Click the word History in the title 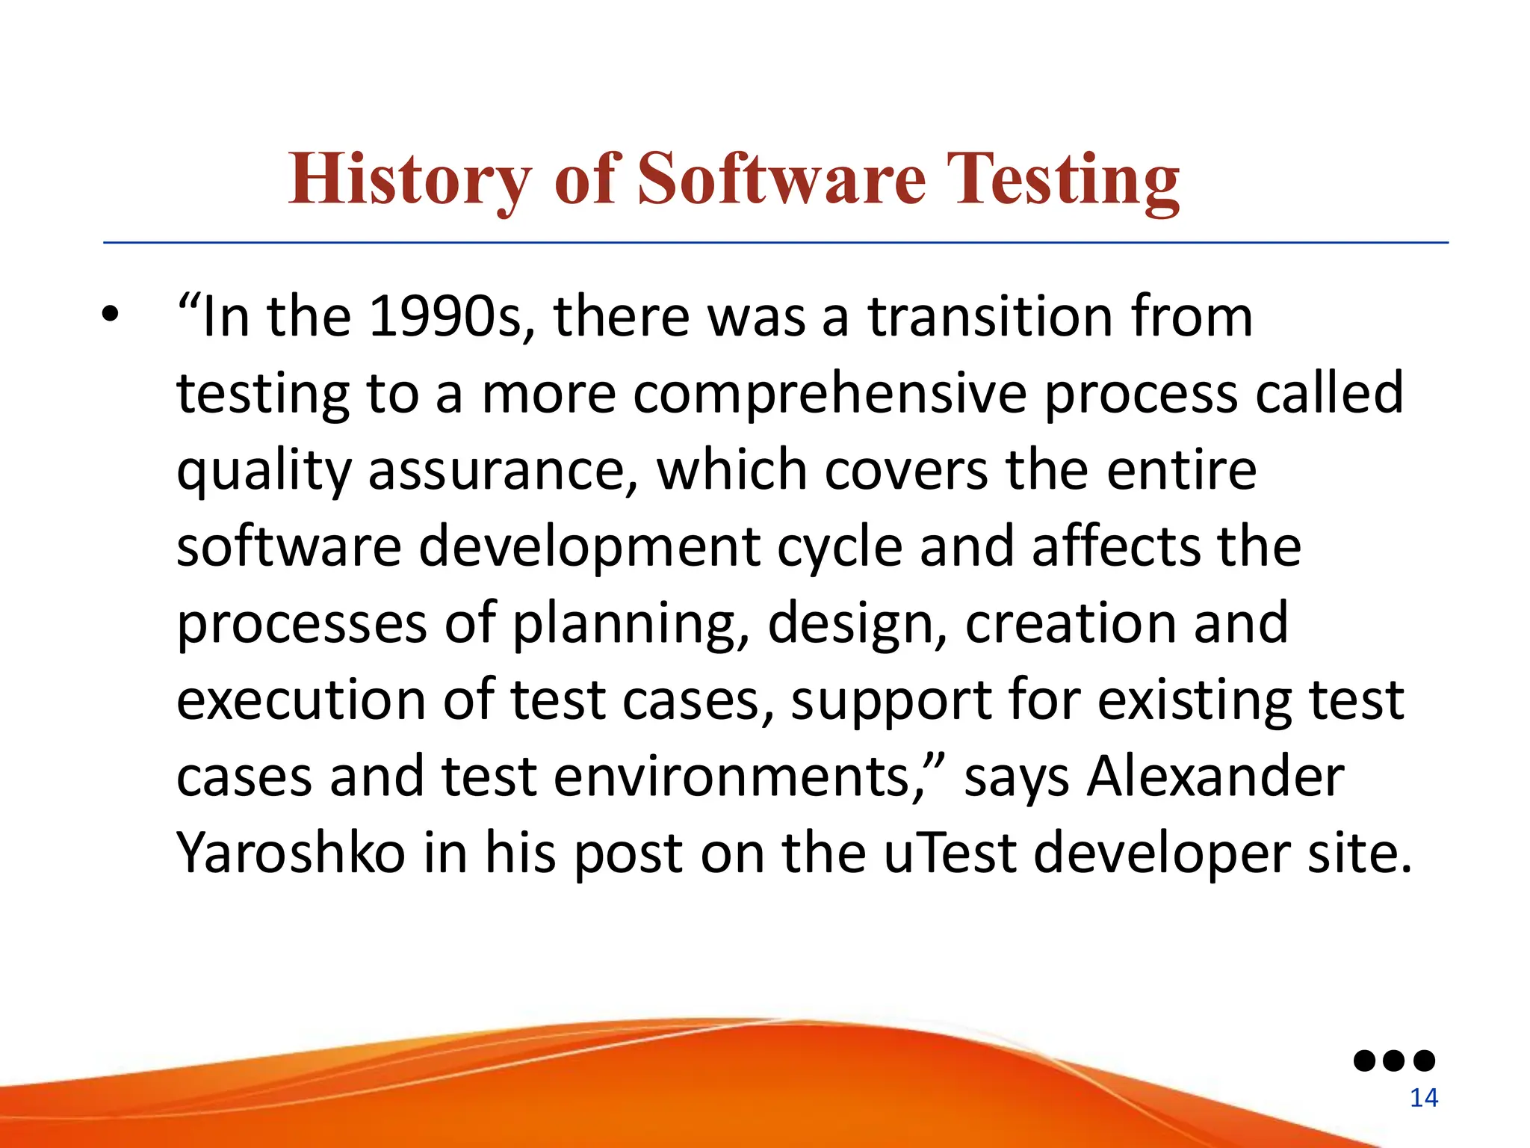point(409,179)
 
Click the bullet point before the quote point(111,315)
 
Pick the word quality point(263,472)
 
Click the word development point(589,548)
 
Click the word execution point(300,700)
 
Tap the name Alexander point(1215,777)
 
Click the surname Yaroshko point(291,854)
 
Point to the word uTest point(950,854)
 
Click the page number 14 point(1423,1098)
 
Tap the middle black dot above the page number point(1394,1061)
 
